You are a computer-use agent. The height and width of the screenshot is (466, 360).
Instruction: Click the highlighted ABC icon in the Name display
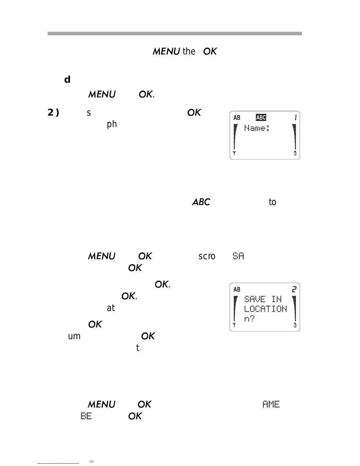pos(261,118)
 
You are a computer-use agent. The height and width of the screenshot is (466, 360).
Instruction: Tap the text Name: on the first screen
pos(257,128)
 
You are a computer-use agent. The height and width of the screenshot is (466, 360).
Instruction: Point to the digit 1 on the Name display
pos(295,118)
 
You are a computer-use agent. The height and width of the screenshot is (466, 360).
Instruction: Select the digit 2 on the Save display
pos(294,289)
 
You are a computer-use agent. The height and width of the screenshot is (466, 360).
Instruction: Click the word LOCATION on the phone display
pos(265,309)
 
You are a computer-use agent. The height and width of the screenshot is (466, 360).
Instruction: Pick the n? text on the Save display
pos(249,319)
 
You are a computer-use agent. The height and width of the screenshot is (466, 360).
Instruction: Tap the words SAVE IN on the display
pos(263,299)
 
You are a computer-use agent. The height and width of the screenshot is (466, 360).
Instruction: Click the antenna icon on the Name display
pos(234,153)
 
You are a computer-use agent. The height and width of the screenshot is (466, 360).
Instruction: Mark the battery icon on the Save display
pos(295,325)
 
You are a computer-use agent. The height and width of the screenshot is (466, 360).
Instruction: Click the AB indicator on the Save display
pos(237,289)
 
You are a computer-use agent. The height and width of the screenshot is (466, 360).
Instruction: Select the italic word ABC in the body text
pos(201,202)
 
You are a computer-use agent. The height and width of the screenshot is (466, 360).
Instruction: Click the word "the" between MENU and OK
pos(189,51)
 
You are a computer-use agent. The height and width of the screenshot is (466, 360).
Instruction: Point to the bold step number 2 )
pos(53,112)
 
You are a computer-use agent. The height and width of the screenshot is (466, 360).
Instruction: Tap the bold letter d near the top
pos(67,79)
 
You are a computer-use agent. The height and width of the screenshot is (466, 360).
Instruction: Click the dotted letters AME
pos(271,404)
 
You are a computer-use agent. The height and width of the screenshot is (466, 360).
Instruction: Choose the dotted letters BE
pos(86,416)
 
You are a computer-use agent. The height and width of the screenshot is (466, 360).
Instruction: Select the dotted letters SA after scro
pos(238,256)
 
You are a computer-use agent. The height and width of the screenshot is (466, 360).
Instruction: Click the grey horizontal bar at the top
pos(175,34)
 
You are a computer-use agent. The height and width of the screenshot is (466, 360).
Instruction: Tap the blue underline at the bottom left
pos(58,463)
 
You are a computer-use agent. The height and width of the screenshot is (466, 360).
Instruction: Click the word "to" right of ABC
pos(272,202)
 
